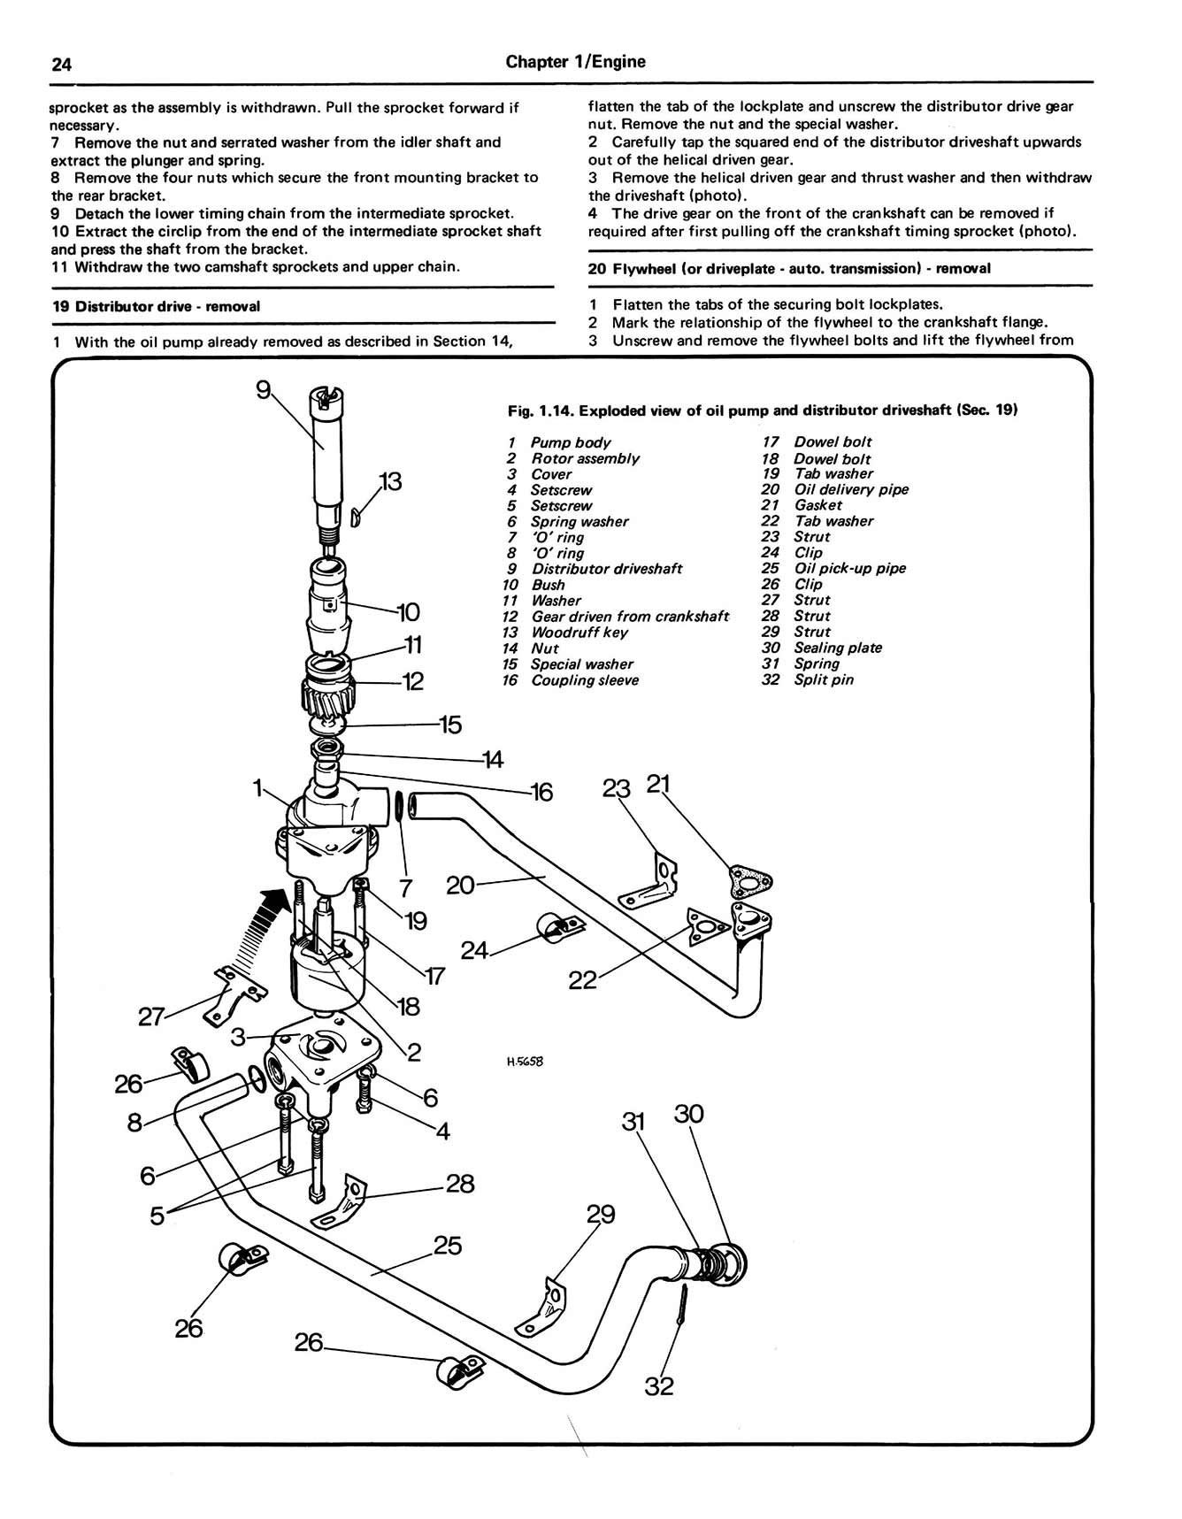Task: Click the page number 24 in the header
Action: (61, 64)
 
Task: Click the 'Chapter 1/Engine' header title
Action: (575, 62)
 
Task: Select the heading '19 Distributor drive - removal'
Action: (156, 306)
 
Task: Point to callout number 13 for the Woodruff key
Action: (390, 482)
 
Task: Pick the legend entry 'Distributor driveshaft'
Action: (606, 569)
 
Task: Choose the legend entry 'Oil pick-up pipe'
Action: (849, 569)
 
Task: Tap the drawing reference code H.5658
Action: (525, 1062)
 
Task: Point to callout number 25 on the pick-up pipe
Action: (448, 1246)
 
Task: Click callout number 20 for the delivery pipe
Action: (461, 885)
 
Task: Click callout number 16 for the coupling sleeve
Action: (541, 792)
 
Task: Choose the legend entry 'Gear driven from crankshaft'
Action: (630, 617)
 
